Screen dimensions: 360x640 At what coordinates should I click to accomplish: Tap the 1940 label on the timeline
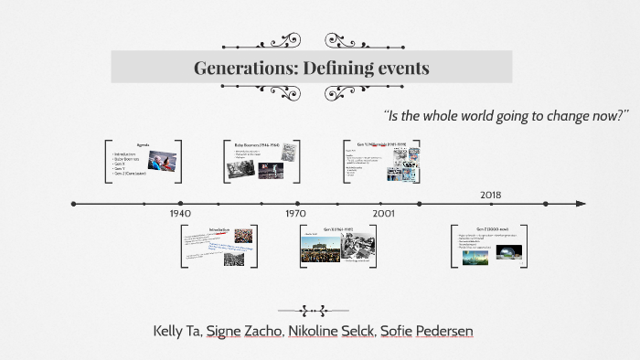pyautogui.click(x=180, y=213)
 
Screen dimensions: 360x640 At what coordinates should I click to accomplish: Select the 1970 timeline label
pyautogui.click(x=295, y=213)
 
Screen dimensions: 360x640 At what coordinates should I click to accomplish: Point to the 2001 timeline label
pyautogui.click(x=384, y=213)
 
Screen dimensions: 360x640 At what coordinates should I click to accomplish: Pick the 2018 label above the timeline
pyautogui.click(x=491, y=195)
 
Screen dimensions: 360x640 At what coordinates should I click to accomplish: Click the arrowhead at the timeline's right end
pyautogui.click(x=581, y=204)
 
